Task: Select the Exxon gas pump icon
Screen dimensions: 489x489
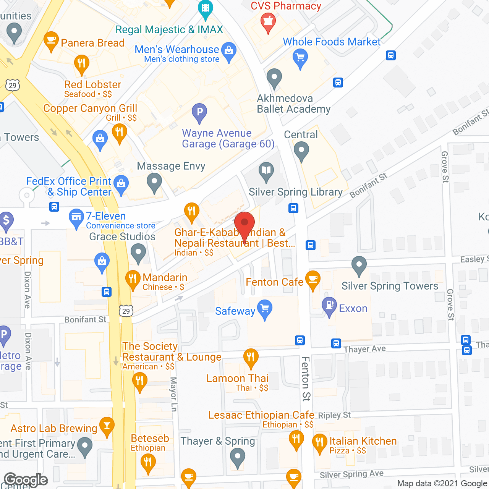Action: coord(329,306)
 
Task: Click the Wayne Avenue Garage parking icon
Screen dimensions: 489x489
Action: coord(199,112)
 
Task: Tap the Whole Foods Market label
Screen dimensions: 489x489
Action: coord(332,42)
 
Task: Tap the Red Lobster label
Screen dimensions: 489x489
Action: coord(93,84)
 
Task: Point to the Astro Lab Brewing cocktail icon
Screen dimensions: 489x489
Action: coord(107,426)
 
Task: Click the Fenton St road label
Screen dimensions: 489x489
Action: coord(306,379)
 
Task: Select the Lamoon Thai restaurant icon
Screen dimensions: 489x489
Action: coord(251,358)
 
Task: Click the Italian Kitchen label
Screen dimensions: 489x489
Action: coord(363,441)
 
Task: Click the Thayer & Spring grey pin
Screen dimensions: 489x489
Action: coord(238,457)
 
